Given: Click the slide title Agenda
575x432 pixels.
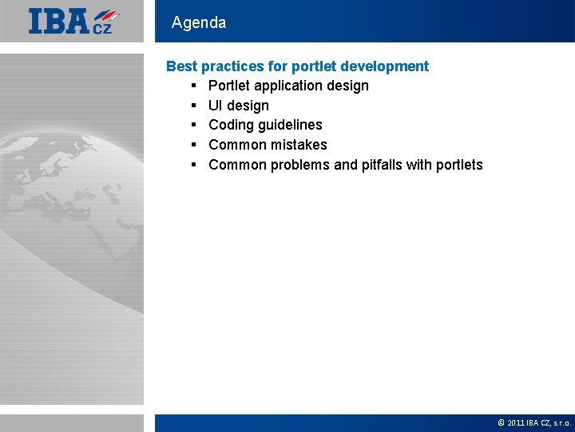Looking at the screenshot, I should pyautogui.click(x=199, y=22).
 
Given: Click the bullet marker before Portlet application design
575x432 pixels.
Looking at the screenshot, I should pyautogui.click(x=194, y=86).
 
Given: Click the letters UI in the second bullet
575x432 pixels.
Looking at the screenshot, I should pyautogui.click(x=216, y=106).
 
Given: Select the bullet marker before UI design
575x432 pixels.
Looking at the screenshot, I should pyautogui.click(x=194, y=106).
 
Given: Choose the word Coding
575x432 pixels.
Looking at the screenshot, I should pyautogui.click(x=231, y=125).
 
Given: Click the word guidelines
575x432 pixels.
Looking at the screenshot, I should pyautogui.click(x=290, y=125).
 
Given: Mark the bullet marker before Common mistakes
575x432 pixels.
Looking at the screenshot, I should pyautogui.click(x=194, y=145).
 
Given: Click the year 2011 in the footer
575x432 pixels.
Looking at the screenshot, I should pyautogui.click(x=515, y=422).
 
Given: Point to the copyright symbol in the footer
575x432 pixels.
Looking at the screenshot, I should pyautogui.click(x=501, y=422).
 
